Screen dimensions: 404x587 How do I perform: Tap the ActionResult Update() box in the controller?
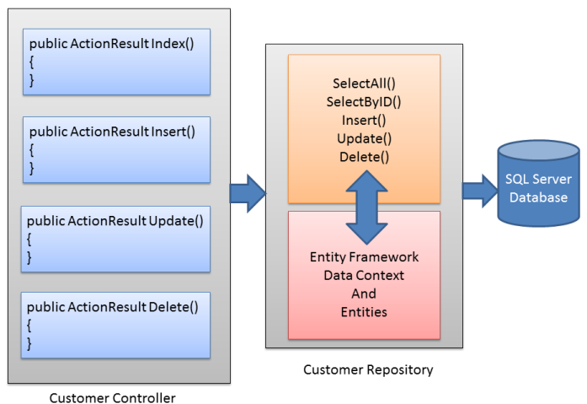click(x=114, y=238)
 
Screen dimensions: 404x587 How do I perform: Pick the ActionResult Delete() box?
click(x=114, y=325)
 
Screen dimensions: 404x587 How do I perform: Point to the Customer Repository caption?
click(x=368, y=369)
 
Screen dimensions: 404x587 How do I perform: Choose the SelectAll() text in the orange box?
click(x=365, y=84)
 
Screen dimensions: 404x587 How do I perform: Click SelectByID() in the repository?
click(x=365, y=102)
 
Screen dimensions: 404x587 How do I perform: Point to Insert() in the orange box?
click(x=365, y=120)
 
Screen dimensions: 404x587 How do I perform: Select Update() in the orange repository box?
click(x=365, y=138)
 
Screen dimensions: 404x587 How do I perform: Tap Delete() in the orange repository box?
click(x=365, y=156)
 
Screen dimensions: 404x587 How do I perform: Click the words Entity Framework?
click(x=364, y=257)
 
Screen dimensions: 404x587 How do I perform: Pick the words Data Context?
click(x=364, y=275)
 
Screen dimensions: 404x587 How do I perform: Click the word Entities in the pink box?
click(x=364, y=311)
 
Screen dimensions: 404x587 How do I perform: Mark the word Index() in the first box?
click(x=173, y=43)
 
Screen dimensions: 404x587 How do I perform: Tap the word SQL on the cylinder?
click(x=516, y=179)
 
